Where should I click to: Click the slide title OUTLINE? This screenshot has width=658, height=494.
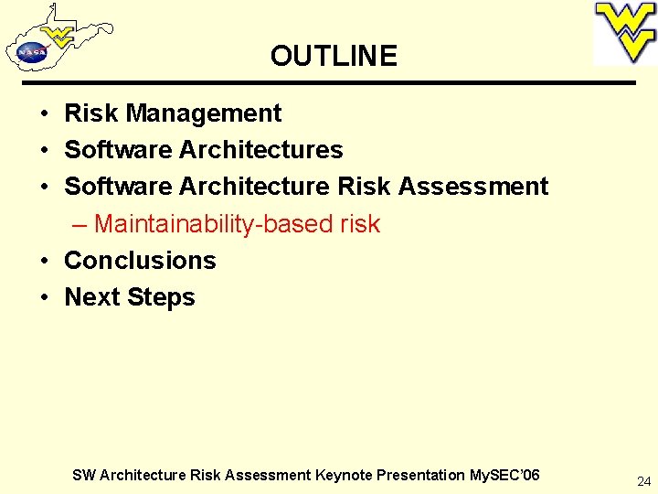334,56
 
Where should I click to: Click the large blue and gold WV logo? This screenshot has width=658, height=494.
625,33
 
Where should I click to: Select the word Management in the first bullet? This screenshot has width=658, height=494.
204,113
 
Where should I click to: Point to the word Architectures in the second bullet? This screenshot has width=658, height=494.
261,150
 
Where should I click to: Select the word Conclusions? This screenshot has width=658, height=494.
140,261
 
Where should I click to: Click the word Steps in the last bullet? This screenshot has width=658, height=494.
165,298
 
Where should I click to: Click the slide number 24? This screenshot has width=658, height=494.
643,480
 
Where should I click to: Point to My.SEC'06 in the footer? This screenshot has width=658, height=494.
504,475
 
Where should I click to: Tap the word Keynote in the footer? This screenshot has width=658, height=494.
345,475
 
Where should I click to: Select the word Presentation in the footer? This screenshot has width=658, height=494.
421,475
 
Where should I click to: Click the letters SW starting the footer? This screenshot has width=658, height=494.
83,475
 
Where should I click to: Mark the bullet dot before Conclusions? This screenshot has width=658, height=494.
43,262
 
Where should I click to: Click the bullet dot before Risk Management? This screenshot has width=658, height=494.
43,114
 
